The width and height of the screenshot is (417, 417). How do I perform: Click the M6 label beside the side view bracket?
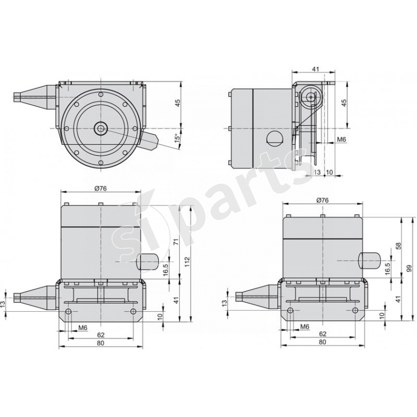pyautogui.click(x=342, y=140)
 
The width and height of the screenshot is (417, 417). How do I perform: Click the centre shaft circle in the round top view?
pyautogui.click(x=100, y=128)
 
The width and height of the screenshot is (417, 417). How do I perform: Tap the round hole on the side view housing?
pyautogui.click(x=273, y=139)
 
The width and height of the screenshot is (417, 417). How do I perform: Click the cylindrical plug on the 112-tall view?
pyautogui.click(x=149, y=260)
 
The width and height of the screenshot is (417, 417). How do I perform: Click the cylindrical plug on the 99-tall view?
pyautogui.click(x=371, y=260)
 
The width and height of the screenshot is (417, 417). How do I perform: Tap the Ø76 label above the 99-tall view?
pyautogui.click(x=322, y=200)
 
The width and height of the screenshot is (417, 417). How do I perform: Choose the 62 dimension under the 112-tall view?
pyautogui.click(x=101, y=334)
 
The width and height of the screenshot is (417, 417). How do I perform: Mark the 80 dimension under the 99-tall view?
pyautogui.click(x=322, y=342)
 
